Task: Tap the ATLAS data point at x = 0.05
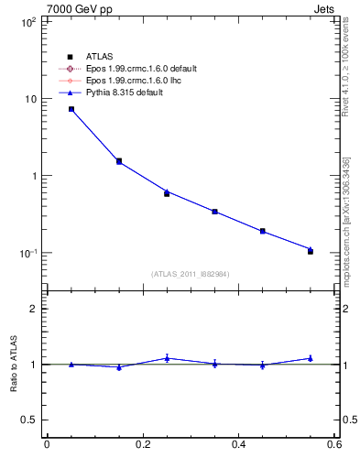(x=71, y=109)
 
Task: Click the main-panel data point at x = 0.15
(x=119, y=161)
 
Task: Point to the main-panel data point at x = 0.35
(x=214, y=212)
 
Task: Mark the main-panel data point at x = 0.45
(x=263, y=231)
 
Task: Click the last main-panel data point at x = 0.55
(x=311, y=250)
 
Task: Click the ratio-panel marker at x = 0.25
(x=167, y=358)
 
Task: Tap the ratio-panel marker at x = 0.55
(x=311, y=358)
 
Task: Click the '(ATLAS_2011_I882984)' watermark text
(x=191, y=274)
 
